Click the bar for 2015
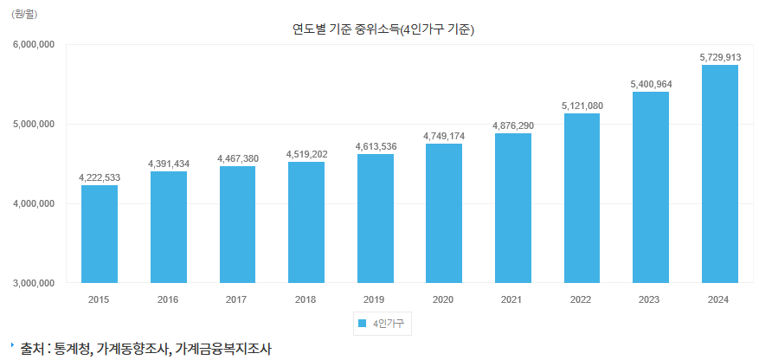(100, 234)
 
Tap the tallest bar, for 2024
(720, 173)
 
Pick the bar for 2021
(513, 208)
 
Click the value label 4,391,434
(169, 164)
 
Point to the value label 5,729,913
(720, 57)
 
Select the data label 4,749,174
(444, 136)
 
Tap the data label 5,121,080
(582, 106)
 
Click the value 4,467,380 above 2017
(237, 157)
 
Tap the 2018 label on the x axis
(306, 299)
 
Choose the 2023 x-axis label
(651, 299)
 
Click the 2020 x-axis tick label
(444, 299)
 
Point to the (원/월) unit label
(24, 13)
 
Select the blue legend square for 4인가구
(361, 324)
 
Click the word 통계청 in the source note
(71, 349)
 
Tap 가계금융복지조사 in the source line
(223, 349)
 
